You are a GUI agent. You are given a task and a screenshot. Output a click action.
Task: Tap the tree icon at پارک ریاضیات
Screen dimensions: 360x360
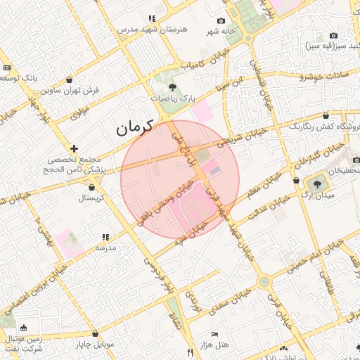pos(173,87)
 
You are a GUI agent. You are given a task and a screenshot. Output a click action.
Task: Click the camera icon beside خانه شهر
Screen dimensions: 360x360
pos(221,21)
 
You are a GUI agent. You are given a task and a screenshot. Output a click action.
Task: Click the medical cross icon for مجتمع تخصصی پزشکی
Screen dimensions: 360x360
pos(74,148)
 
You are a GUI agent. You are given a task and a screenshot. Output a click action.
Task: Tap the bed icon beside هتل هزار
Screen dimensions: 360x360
pos(214,333)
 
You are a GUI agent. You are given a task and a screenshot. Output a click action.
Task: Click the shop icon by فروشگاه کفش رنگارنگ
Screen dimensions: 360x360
pos(325,115)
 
